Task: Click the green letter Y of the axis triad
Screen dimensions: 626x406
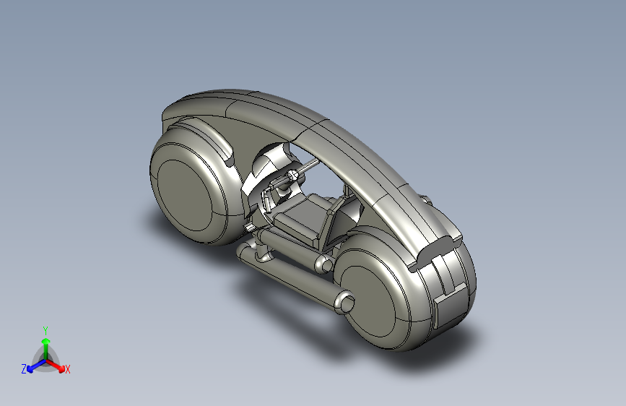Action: (45, 330)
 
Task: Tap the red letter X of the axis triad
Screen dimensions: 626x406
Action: (67, 369)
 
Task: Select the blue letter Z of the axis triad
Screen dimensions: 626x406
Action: (24, 369)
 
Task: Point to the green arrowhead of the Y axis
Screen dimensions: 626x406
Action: (46, 341)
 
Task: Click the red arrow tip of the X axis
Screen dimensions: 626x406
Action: (61, 368)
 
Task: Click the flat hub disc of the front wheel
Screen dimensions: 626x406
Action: (185, 196)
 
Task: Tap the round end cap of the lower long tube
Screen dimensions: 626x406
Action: (345, 302)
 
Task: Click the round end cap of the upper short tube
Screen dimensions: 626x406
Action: (324, 264)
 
